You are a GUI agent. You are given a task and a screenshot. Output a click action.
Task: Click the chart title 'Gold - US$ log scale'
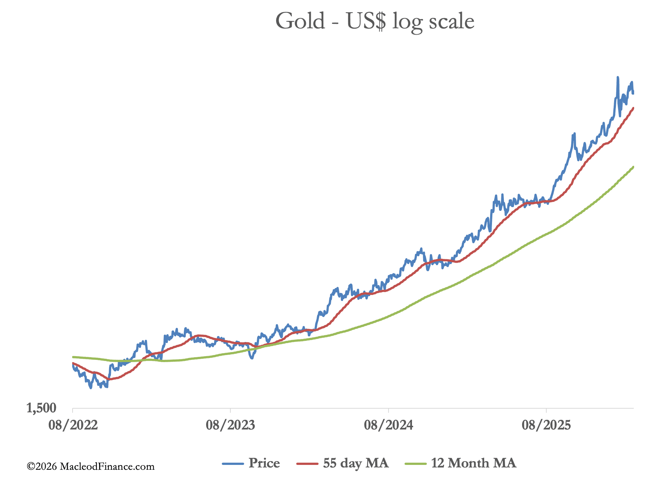(x=375, y=21)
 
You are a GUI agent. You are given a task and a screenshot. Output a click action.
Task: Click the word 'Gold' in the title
(x=300, y=21)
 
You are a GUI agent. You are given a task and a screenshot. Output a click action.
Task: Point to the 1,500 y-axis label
(x=41, y=408)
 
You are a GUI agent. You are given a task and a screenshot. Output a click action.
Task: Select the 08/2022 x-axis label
(x=73, y=425)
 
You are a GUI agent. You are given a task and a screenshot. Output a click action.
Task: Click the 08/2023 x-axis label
(x=230, y=425)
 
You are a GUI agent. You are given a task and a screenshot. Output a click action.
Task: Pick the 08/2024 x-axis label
(x=388, y=425)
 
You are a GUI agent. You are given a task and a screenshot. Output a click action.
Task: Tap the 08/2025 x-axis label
(x=546, y=425)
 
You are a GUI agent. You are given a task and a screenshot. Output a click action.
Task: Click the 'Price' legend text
(x=264, y=463)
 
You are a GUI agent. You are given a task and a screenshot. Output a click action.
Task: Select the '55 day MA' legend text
(x=356, y=463)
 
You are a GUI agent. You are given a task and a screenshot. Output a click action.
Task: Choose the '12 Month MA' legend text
(x=473, y=463)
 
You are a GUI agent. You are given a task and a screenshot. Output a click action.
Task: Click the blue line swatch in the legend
(x=233, y=464)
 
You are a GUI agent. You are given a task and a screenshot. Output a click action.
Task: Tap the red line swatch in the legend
(x=307, y=464)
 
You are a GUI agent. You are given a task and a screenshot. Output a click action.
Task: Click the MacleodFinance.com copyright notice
(x=90, y=466)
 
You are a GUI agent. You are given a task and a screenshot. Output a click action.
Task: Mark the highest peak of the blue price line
(x=618, y=77)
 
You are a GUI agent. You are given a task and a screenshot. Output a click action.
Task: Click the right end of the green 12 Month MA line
(x=633, y=167)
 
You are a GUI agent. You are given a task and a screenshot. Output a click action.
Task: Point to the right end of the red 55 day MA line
(x=633, y=108)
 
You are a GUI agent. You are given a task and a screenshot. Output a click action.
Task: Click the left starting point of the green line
(x=73, y=357)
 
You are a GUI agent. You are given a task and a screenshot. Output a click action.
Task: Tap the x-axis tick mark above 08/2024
(x=388, y=411)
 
